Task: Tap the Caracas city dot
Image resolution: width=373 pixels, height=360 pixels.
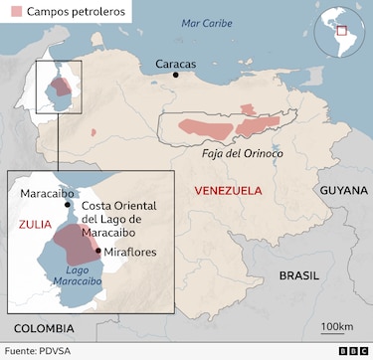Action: click(176, 75)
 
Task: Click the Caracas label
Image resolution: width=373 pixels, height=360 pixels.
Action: click(176, 63)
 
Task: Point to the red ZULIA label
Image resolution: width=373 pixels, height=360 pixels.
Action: click(35, 225)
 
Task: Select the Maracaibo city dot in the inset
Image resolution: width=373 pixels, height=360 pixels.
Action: click(68, 204)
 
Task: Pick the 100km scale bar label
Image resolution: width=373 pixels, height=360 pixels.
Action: click(337, 327)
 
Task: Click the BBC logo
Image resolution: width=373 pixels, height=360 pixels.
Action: click(352, 350)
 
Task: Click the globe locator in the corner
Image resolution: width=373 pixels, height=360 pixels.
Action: click(339, 32)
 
